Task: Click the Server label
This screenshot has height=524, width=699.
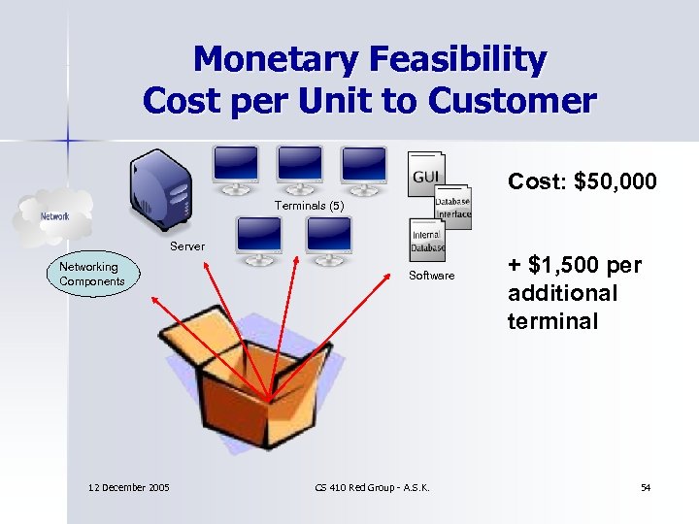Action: pyautogui.click(x=187, y=246)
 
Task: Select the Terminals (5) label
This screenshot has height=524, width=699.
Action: pyautogui.click(x=309, y=206)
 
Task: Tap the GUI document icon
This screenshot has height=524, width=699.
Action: pyautogui.click(x=426, y=176)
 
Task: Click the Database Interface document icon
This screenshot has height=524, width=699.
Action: pyautogui.click(x=452, y=208)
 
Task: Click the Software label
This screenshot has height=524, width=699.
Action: pyautogui.click(x=431, y=276)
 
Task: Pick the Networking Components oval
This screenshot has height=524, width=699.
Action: pyautogui.click(x=91, y=274)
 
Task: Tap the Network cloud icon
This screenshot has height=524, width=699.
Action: pyautogui.click(x=53, y=216)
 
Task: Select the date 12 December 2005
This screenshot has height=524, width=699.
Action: pyautogui.click(x=126, y=487)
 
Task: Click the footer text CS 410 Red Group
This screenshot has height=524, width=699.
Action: pyautogui.click(x=373, y=487)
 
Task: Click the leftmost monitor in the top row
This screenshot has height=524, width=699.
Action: pyautogui.click(x=237, y=166)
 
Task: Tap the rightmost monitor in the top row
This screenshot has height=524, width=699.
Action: pyautogui.click(x=365, y=166)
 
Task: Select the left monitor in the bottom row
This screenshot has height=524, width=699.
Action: pyautogui.click(x=259, y=237)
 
